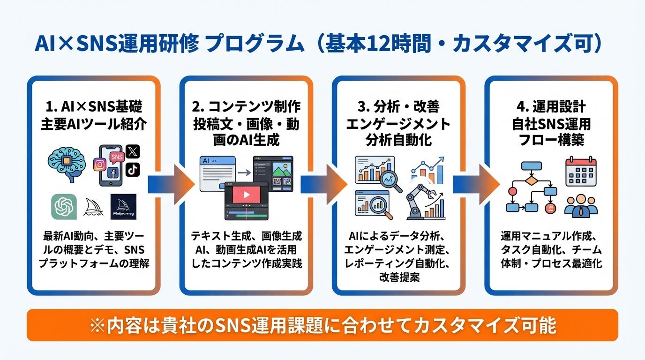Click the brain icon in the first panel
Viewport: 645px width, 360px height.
(67, 163)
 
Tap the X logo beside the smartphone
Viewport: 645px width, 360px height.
(133, 151)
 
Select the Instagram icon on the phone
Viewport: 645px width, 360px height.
(99, 165)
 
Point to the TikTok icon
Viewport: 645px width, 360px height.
(133, 169)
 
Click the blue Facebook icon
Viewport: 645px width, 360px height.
(112, 174)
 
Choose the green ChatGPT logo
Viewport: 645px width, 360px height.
(64, 206)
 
